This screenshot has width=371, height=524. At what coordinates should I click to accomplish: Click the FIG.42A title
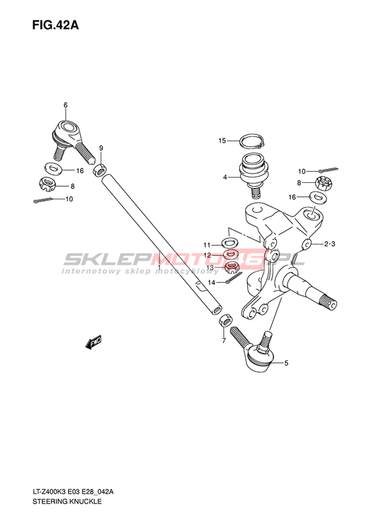pos(55,25)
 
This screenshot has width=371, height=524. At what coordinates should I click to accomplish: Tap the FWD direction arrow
pos(93,342)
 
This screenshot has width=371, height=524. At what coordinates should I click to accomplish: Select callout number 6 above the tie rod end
pos(66,105)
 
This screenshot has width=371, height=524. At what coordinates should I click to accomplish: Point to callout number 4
pos(225,177)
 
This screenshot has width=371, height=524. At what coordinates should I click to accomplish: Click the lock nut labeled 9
pos(100,170)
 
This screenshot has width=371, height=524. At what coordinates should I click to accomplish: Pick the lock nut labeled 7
pos(225,320)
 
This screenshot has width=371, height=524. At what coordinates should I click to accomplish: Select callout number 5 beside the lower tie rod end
pos(286,363)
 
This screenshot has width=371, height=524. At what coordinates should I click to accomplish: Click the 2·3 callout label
pos(329,244)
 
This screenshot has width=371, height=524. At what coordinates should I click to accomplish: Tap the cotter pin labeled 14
pos(233,278)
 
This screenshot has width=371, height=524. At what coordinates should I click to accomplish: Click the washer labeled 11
pos(229,242)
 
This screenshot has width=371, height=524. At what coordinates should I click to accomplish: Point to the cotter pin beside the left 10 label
pos(43,201)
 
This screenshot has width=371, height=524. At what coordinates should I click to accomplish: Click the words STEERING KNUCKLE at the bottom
pos(67,501)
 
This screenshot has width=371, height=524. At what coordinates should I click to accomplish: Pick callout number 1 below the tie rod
pos(160,268)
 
